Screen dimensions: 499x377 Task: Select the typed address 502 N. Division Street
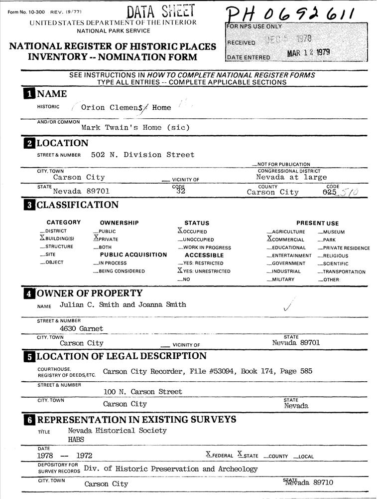pyautogui.click(x=143, y=155)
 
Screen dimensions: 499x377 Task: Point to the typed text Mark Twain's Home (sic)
pyautogui.click(x=135, y=127)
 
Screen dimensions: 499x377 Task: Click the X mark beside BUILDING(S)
pyautogui.click(x=42, y=238)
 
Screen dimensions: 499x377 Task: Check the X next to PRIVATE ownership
pyautogui.click(x=96, y=238)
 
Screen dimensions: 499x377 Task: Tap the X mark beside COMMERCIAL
pyautogui.click(x=269, y=239)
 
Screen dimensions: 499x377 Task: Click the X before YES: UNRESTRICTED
pyautogui.click(x=180, y=270)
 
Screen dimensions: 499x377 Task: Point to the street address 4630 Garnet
pyautogui.click(x=81, y=328)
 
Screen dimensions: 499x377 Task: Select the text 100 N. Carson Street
pyautogui.click(x=142, y=392)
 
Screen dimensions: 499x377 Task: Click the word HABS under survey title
pyautogui.click(x=76, y=440)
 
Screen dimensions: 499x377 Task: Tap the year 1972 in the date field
pyautogui.click(x=84, y=456)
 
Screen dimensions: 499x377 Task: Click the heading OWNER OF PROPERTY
pyautogui.click(x=90, y=293)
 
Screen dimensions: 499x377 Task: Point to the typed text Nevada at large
pyautogui.click(x=291, y=177)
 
